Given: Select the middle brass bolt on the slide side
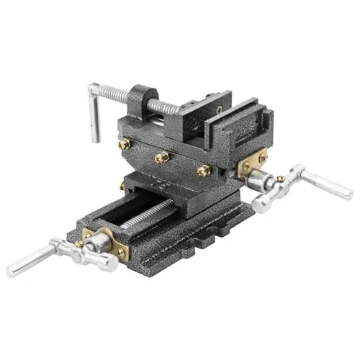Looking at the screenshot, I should point(162,156).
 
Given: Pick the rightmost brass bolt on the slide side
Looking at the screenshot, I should point(204,170).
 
